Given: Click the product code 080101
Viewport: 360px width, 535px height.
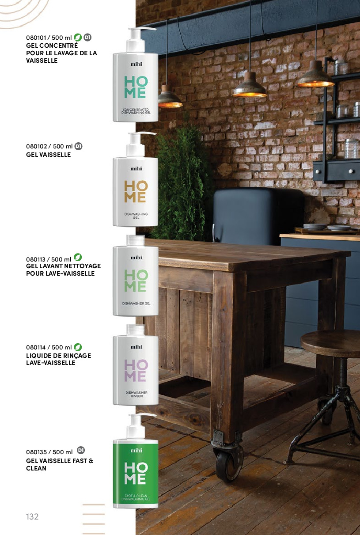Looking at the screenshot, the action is coord(36,38).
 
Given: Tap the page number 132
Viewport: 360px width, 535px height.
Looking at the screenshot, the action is coord(32,516).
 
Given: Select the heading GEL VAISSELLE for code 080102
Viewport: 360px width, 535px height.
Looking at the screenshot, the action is coord(49,155).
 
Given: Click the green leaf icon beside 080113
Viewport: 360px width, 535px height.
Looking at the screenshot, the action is coord(78,257).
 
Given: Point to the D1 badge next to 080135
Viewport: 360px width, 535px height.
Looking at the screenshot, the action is coord(81,450).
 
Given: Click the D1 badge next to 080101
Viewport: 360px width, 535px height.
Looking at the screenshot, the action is coord(87,37).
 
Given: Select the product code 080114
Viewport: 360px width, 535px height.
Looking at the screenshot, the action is coord(36,347).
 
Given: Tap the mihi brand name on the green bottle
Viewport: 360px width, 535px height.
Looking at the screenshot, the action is coord(136,451).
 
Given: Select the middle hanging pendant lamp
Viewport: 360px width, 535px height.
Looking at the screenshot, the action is coord(250,87).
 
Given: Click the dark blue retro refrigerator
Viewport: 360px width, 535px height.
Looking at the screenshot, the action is coord(258,216).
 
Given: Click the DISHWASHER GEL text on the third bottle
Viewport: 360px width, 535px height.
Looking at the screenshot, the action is coord(136,304).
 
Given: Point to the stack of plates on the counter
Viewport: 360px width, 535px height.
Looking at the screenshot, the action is coord(315,227).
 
